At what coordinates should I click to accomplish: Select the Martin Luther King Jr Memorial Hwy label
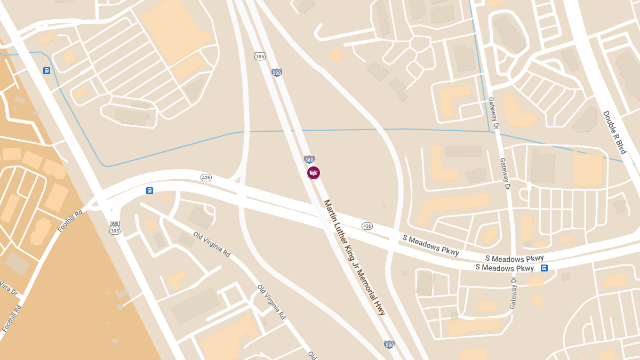[x=355, y=258]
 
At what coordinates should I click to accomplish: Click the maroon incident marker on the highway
[x=314, y=173]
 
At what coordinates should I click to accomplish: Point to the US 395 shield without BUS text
[x=259, y=56]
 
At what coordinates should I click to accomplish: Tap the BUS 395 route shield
[x=115, y=227]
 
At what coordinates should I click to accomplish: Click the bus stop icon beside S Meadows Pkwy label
[x=544, y=268]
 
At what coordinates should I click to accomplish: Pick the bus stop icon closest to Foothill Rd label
[x=149, y=190]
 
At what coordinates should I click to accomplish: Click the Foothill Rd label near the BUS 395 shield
[x=70, y=221]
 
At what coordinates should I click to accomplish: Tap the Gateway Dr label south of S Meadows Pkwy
[x=513, y=293]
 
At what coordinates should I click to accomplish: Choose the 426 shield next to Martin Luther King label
[x=367, y=226]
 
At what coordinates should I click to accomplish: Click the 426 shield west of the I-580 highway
[x=206, y=177]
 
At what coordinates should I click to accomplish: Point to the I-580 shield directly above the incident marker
[x=309, y=159]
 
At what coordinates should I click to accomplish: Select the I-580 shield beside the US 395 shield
[x=276, y=72]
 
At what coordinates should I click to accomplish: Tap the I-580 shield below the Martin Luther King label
[x=389, y=345]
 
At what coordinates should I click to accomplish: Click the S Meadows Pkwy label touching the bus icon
[x=505, y=268]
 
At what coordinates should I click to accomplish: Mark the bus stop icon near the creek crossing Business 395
[x=47, y=70]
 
